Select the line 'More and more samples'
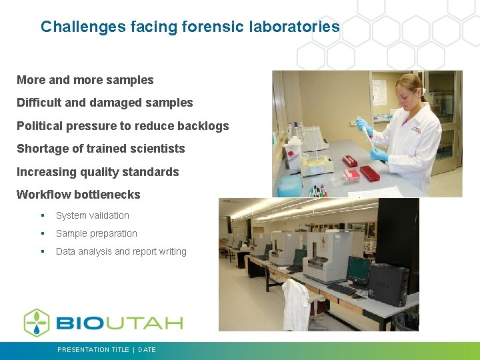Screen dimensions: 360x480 [x=85, y=80]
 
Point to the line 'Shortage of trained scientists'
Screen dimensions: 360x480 [x=101, y=149]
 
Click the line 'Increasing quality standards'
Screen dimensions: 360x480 [x=97, y=172]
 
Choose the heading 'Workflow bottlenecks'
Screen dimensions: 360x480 [x=78, y=195]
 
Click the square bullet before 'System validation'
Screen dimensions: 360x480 [x=42, y=216]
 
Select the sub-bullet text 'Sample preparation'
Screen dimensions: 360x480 [x=96, y=233]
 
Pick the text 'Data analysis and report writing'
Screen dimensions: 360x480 [x=121, y=251]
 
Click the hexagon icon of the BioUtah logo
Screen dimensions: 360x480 [x=37, y=323]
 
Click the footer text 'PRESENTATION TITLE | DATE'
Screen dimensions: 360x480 [x=107, y=349]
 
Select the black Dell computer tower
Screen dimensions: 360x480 [x=389, y=283]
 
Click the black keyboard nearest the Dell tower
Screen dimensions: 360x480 [x=341, y=290]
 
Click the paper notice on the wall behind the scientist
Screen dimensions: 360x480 [x=379, y=91]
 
